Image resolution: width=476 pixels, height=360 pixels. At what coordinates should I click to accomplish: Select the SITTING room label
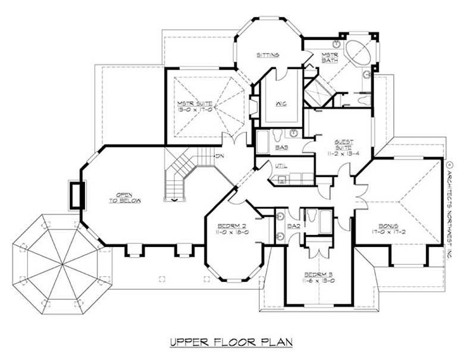coord(268,55)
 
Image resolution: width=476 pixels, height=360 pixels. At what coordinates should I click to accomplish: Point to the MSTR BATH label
coord(330,58)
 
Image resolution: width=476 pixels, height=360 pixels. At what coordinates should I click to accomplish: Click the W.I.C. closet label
coord(281,104)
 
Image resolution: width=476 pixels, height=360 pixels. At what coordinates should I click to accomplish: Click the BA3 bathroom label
coord(281,146)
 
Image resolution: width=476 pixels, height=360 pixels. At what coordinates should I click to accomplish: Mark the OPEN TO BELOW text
coord(125,199)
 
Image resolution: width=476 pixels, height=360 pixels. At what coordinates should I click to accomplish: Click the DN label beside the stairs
coord(203,156)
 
